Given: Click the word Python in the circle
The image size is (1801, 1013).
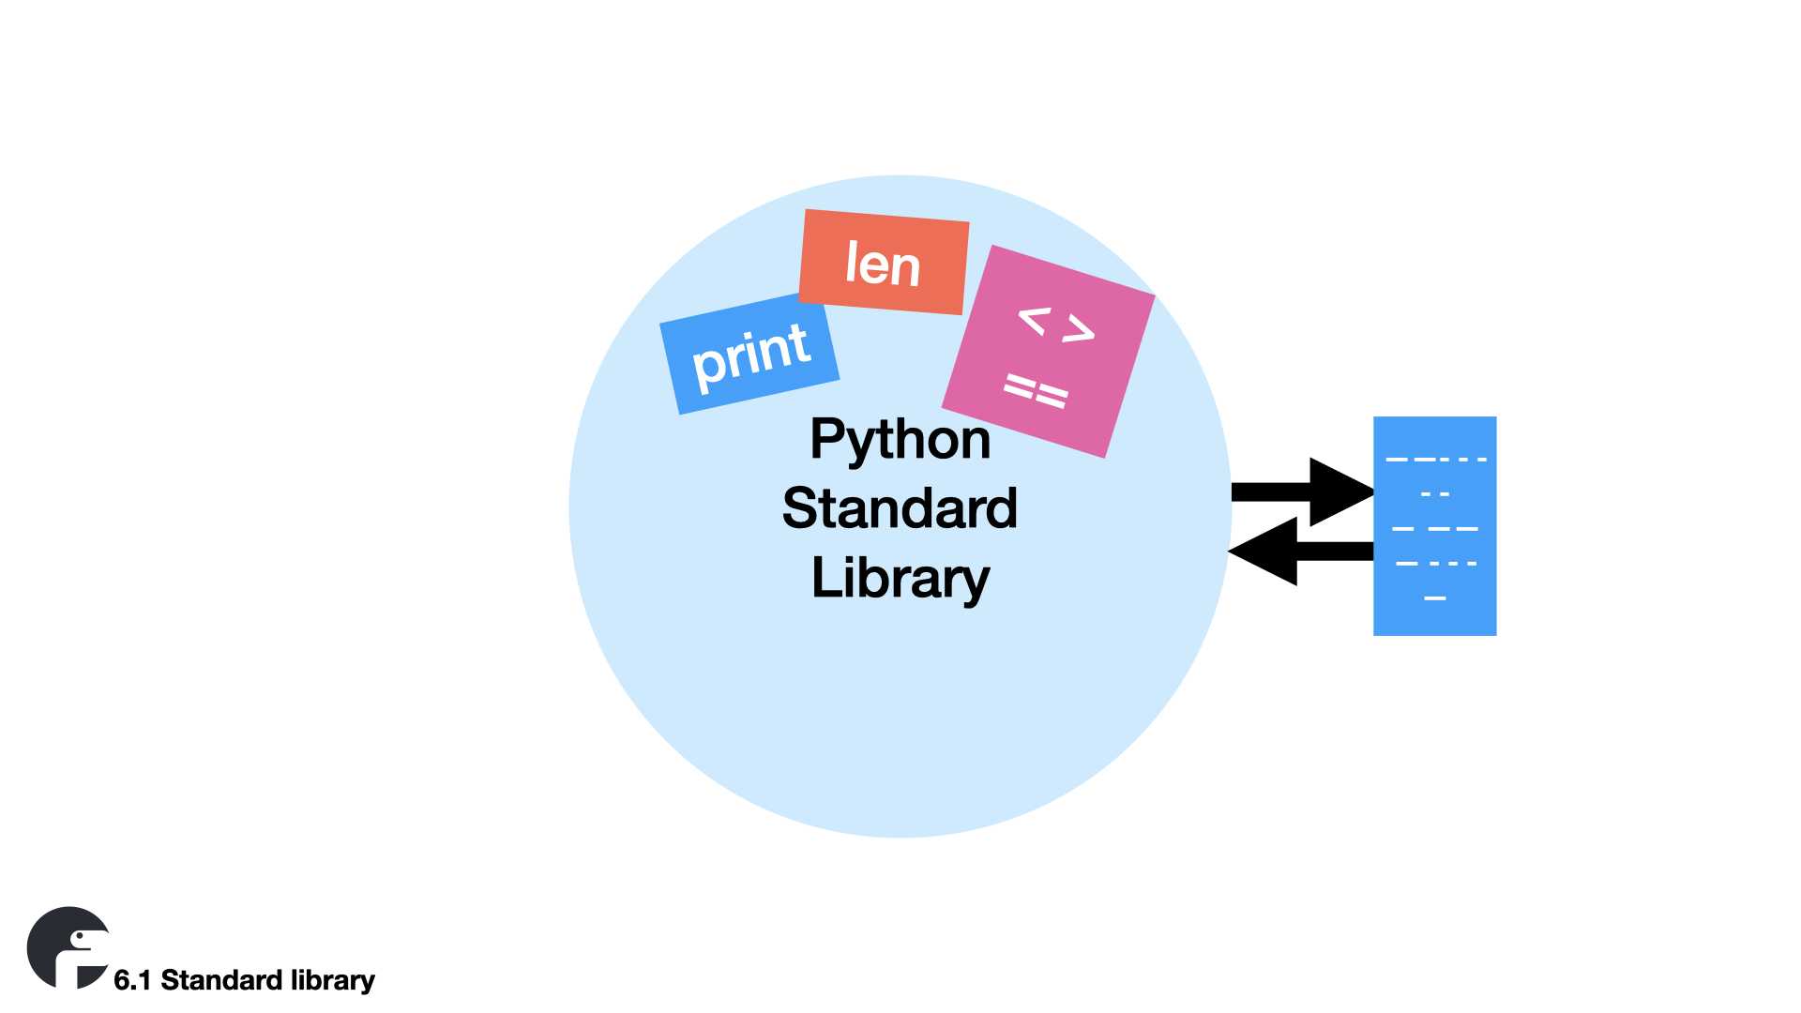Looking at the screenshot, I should coord(900,439).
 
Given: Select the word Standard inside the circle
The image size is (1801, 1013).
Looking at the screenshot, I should coord(900,508).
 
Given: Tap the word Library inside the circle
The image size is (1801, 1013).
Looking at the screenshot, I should coord(900,578).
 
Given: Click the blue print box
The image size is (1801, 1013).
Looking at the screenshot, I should coord(749,354).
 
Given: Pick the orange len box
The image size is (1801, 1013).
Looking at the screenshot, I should coord(883,263).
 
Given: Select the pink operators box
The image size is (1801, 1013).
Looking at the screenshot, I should coord(1048,352).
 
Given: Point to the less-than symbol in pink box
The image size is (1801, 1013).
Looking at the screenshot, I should coord(1033,321).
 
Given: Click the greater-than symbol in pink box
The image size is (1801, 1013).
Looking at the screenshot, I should coord(1079,328).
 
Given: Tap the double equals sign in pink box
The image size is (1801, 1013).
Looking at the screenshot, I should coord(1036,390).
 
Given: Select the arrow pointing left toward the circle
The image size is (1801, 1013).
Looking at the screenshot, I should coord(1300,552).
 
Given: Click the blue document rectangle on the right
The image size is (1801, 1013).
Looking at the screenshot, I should coord(1434,526).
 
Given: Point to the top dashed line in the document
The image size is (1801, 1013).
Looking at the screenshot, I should coord(1435,460).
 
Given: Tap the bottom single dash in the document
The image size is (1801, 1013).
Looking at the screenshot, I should coord(1435,597).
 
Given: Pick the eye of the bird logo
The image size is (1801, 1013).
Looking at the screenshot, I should coord(78,937).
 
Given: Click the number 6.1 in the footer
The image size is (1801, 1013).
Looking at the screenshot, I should coord(132,980).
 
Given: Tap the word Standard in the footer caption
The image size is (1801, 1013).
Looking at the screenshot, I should coord(221,980).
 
